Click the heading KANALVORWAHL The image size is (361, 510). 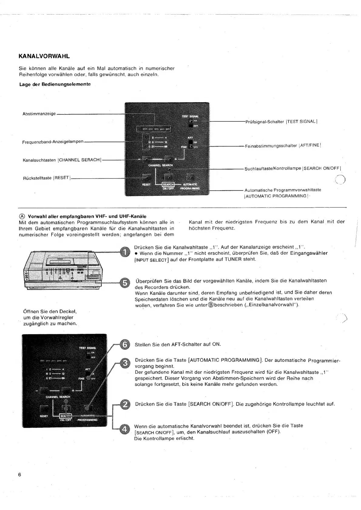[44, 56]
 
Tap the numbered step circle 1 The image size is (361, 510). [125, 252]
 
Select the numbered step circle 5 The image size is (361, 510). [125, 283]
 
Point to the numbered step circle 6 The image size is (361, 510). [125, 345]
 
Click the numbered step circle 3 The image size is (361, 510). [125, 363]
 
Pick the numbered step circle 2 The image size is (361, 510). [125, 404]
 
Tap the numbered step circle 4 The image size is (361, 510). [125, 429]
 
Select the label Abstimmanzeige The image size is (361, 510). [39, 114]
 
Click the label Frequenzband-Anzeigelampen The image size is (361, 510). [53, 142]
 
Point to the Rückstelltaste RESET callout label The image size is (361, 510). [47, 178]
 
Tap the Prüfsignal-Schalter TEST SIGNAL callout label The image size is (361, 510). [281, 122]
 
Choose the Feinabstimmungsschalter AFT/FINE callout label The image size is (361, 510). [283, 145]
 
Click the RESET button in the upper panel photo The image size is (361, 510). [146, 177]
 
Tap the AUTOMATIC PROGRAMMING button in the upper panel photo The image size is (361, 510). [190, 177]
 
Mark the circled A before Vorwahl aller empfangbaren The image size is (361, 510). [22, 216]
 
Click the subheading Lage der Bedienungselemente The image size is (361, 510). [55, 84]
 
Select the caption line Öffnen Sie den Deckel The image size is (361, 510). [50, 311]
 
